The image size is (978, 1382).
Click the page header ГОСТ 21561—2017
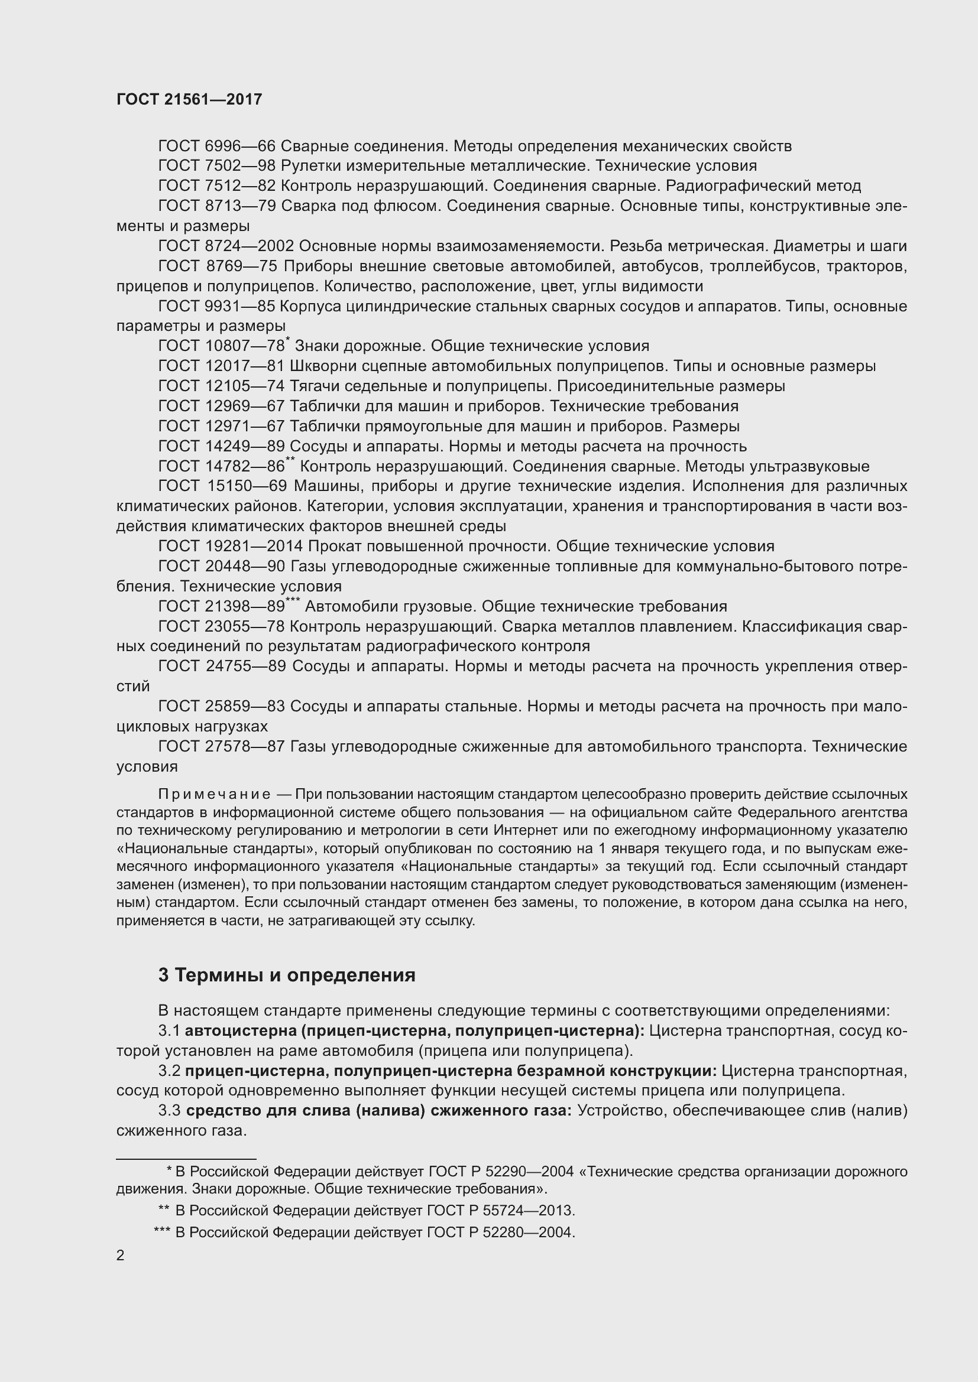coord(189,99)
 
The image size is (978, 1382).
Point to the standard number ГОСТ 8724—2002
coord(226,246)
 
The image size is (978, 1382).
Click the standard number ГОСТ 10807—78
coord(221,346)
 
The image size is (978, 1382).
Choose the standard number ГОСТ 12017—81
coord(221,366)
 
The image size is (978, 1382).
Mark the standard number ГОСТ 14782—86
coord(221,467)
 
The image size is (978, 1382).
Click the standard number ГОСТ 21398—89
coord(221,606)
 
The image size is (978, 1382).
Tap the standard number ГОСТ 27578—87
coord(221,746)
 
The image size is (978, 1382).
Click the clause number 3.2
coord(169,1071)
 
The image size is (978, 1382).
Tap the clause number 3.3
coord(169,1111)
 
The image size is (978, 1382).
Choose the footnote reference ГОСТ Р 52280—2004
coord(500,1233)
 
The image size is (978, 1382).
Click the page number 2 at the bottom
coord(121,1256)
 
